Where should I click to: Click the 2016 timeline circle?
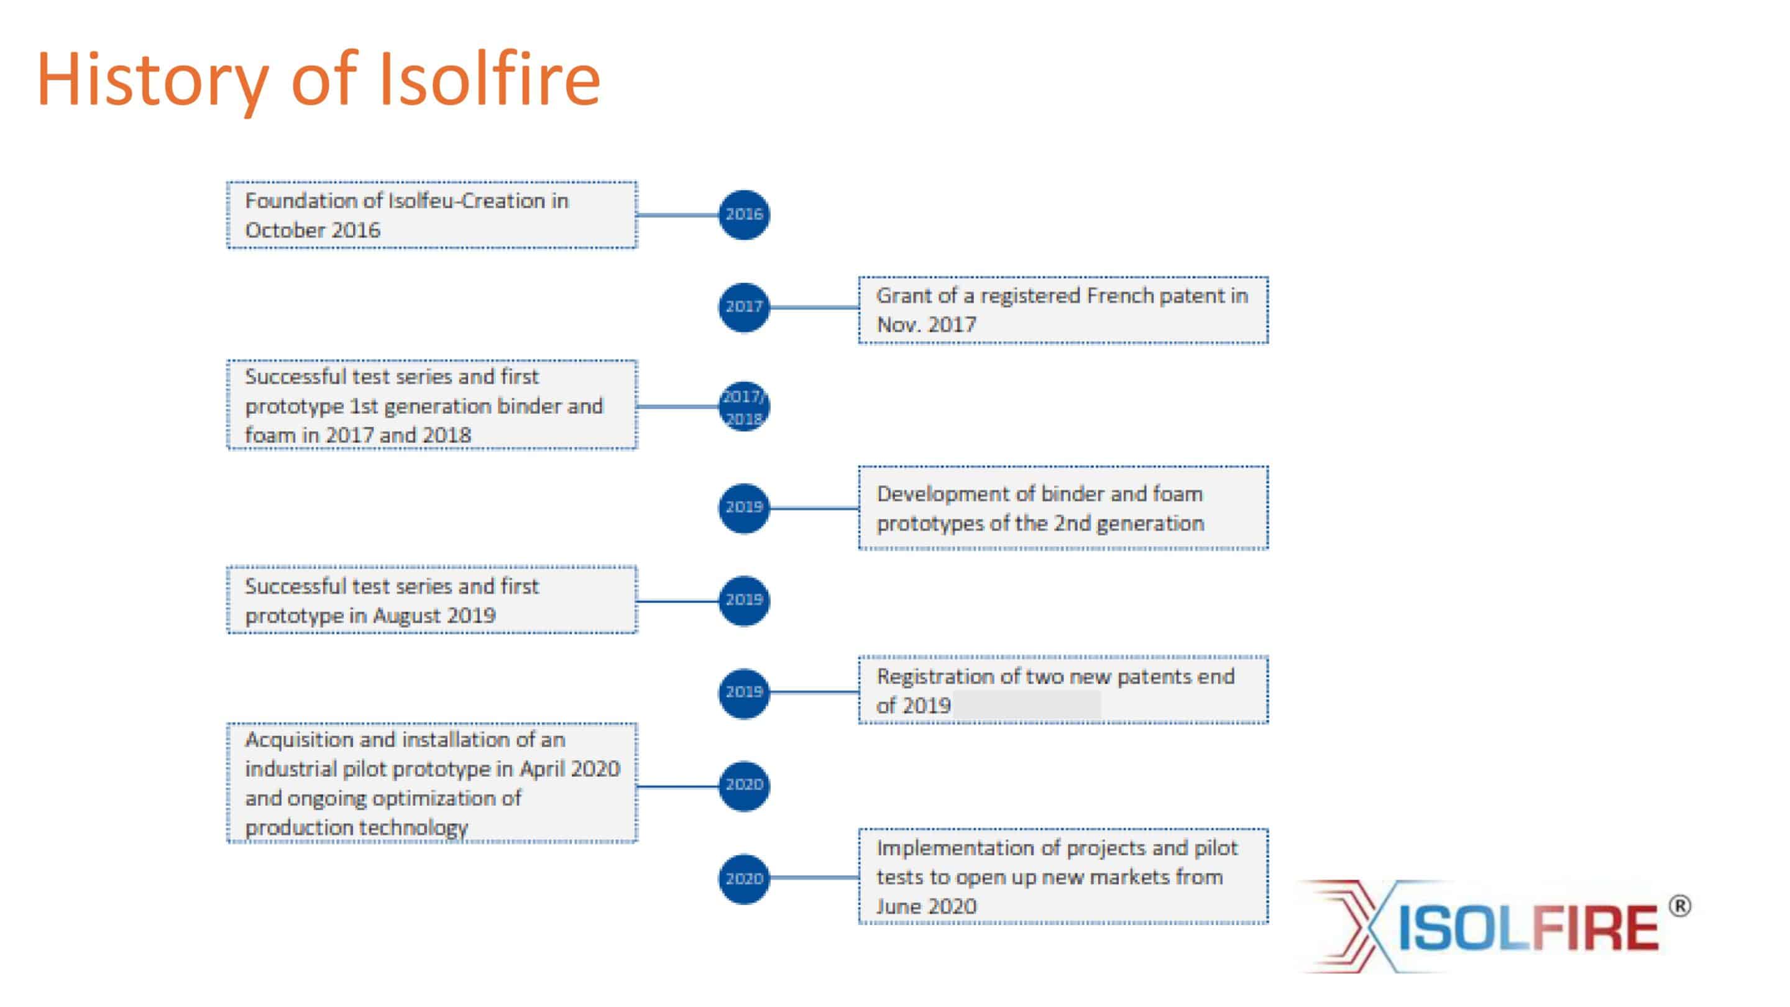(x=743, y=214)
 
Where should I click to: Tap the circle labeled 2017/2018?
(x=743, y=407)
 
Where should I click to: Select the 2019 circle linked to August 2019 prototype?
(x=743, y=600)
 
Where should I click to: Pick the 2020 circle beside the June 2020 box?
(x=743, y=878)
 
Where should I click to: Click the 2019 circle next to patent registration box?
(x=743, y=693)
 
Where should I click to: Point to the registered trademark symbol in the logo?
(x=1679, y=907)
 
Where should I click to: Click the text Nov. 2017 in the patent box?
(x=926, y=324)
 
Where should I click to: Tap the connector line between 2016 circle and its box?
(x=677, y=214)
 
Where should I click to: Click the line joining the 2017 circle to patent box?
(x=814, y=307)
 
